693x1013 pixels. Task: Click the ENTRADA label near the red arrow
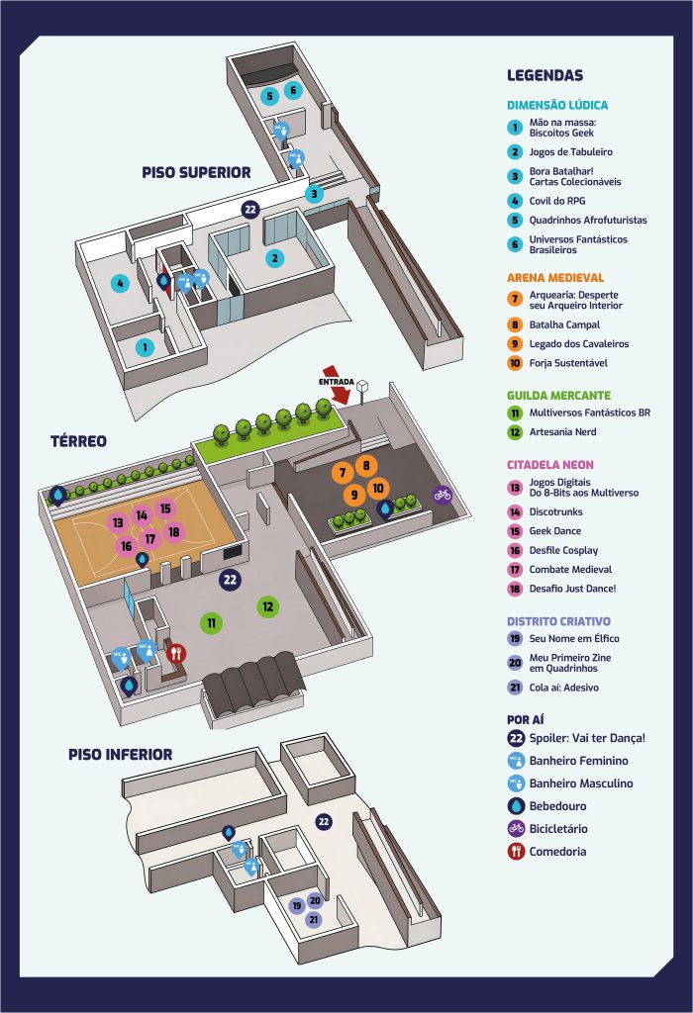337,382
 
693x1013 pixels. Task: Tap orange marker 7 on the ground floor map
343,473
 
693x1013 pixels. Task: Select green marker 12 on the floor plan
267,606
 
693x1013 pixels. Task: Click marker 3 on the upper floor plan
314,193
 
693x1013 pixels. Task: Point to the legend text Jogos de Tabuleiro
571,151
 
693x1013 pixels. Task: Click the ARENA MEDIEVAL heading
555,278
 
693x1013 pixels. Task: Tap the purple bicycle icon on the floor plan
443,495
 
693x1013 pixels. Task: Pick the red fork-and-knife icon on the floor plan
176,654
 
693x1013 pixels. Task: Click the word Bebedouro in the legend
558,806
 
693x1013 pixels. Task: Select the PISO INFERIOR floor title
120,755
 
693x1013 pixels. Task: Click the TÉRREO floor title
78,441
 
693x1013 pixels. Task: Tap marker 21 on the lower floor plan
314,919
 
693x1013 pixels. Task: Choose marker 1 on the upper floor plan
145,347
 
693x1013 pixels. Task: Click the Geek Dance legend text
555,531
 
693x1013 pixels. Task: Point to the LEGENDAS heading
544,75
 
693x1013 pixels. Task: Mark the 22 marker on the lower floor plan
324,822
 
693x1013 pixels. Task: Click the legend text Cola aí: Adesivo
563,688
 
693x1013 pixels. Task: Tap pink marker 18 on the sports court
173,531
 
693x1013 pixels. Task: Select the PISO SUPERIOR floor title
197,172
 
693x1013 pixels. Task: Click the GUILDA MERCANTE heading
558,396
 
